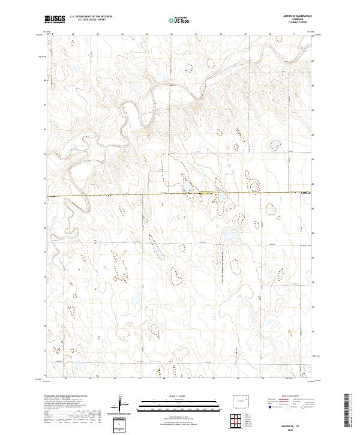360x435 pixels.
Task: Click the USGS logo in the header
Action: (55, 20)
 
